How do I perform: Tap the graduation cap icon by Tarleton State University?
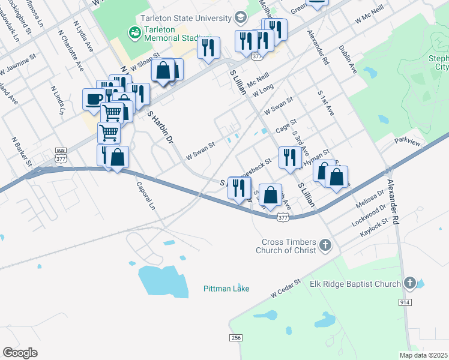click(x=241, y=16)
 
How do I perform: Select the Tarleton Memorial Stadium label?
click(x=170, y=35)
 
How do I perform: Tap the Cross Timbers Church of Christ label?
click(x=288, y=246)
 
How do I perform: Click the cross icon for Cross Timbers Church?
click(x=325, y=245)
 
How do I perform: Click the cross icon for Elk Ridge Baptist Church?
click(x=410, y=283)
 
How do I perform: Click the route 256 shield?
click(x=235, y=338)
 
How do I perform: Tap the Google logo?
click(x=20, y=353)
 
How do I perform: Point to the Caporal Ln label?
click(x=146, y=196)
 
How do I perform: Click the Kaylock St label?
click(x=375, y=229)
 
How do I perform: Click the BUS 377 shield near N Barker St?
click(x=60, y=154)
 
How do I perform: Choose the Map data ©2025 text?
click(x=423, y=355)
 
